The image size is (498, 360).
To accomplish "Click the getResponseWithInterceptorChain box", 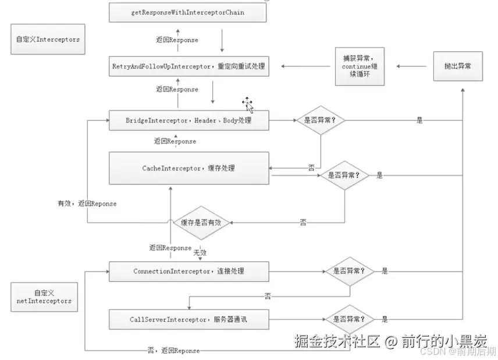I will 187,13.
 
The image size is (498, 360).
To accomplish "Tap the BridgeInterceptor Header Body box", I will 188,120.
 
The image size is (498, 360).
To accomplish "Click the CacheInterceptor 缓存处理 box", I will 188,168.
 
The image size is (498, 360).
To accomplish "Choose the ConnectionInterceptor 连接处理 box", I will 188,271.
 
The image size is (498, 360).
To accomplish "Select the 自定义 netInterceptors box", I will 44,297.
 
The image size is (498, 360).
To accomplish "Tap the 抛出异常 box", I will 457,66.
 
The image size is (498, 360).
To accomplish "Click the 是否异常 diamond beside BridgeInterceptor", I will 321,120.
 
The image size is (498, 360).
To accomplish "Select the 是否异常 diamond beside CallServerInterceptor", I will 349,319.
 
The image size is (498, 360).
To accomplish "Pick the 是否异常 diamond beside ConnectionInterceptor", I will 349,271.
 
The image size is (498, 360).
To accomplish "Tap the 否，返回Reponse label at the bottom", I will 173,351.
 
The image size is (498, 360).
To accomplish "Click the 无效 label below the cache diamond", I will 200,253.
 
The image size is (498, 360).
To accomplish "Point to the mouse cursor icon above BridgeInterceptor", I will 248,105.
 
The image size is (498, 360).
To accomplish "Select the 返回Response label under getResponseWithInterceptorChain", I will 177,40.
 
